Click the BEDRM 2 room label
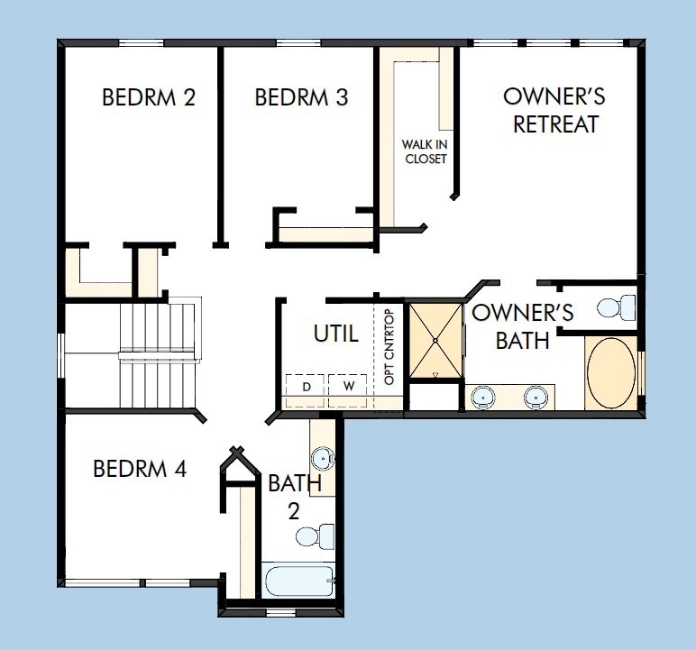click(149, 97)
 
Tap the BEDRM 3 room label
click(302, 97)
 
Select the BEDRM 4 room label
click(140, 469)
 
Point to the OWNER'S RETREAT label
click(554, 111)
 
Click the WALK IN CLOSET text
click(425, 151)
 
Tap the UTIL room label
click(335, 334)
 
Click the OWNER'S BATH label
click(523, 326)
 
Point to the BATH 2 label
click(294, 496)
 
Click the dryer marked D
click(306, 387)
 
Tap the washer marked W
click(347, 387)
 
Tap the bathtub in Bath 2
click(299, 580)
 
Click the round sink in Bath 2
click(324, 457)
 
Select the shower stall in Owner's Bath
click(435, 341)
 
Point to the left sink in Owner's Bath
click(485, 396)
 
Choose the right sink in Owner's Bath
click(537, 396)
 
